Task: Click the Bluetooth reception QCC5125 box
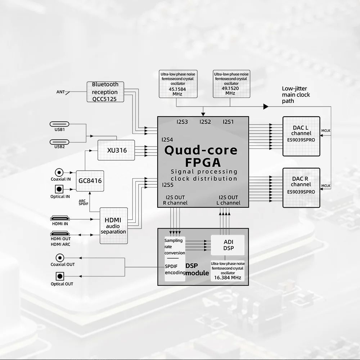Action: click(x=105, y=91)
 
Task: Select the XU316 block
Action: click(x=117, y=150)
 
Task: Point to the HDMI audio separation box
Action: click(x=113, y=226)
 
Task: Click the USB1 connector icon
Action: click(x=60, y=124)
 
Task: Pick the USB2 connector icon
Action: click(x=60, y=141)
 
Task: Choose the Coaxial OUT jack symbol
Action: click(x=60, y=257)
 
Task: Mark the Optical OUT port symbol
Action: click(x=60, y=276)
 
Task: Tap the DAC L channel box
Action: click(x=301, y=136)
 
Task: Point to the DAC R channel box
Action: click(x=301, y=188)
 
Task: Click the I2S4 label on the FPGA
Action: click(x=167, y=139)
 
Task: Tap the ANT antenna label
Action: click(x=60, y=92)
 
